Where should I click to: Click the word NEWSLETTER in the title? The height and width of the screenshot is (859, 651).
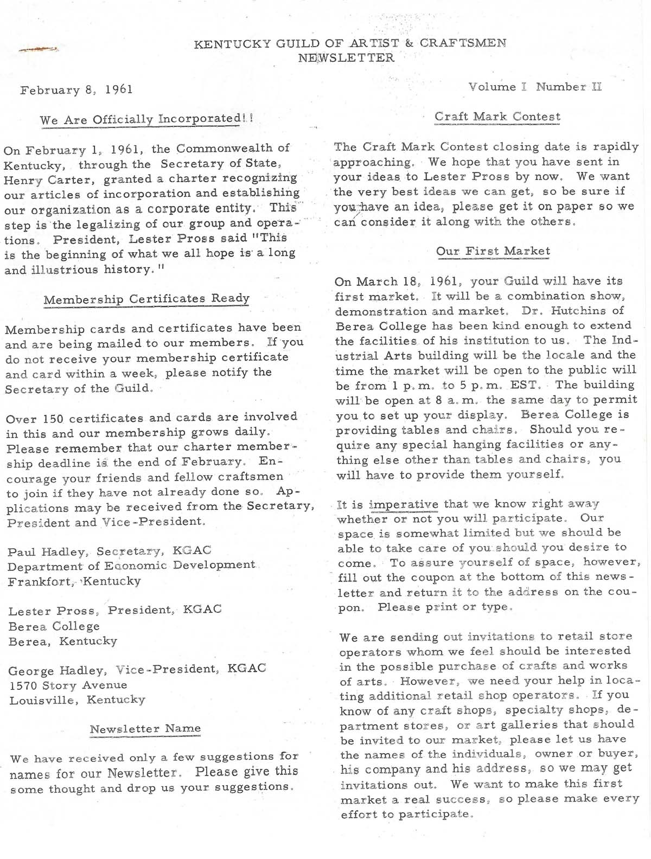[346, 57]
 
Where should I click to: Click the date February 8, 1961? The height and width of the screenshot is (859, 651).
[76, 89]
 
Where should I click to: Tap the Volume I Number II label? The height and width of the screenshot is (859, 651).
[535, 87]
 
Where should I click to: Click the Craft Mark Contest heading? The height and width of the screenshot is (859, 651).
[497, 117]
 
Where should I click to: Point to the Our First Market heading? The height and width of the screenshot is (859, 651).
[493, 251]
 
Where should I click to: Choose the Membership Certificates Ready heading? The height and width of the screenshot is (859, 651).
[146, 299]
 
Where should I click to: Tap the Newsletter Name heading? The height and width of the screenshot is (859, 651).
[145, 729]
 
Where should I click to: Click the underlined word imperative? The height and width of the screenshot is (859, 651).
[403, 504]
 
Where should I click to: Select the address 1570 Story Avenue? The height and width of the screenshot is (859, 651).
[68, 685]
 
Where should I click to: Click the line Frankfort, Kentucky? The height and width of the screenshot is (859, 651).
[74, 581]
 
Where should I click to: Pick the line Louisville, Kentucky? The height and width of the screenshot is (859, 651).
[77, 700]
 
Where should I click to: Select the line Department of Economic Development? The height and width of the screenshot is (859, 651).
[131, 566]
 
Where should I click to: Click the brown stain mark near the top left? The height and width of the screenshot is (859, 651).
[38, 49]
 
